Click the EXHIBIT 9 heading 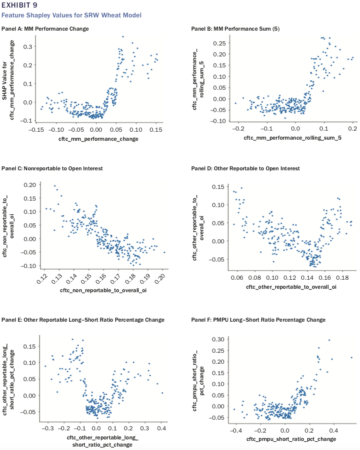[20, 5]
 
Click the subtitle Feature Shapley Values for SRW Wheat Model [71, 15]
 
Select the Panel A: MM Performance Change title [45, 29]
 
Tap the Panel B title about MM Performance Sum [236, 29]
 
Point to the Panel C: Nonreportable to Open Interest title [52, 168]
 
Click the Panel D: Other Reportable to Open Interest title [245, 168]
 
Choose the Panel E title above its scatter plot [83, 320]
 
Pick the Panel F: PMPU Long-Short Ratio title [258, 320]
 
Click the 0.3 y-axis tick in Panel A [28, 47]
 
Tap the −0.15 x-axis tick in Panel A [36, 130]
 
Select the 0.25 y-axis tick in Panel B [219, 44]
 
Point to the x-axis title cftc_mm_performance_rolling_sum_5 [293, 138]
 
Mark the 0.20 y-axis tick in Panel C [30, 185]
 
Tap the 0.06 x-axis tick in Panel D [237, 277]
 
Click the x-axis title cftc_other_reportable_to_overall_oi [291, 287]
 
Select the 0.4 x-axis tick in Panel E [161, 428]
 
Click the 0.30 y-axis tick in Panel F [218, 339]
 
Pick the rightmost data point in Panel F [351, 357]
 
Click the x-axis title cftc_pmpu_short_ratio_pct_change [291, 439]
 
